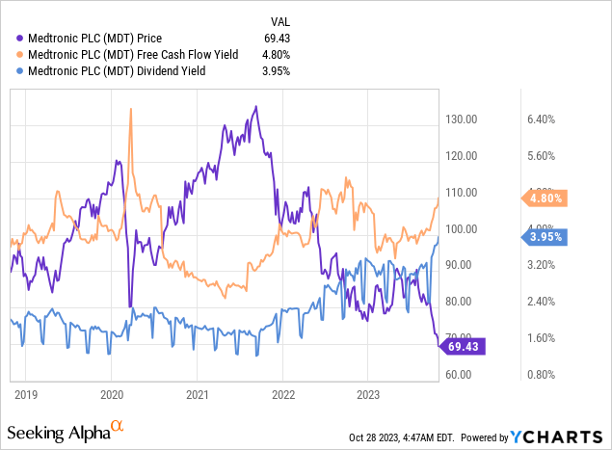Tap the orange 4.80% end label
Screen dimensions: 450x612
coord(545,199)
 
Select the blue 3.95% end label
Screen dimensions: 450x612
coord(545,236)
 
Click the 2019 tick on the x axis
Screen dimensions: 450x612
coord(27,394)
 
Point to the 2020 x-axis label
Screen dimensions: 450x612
coord(112,394)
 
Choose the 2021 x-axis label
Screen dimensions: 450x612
coord(198,394)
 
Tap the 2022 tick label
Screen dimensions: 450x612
coord(283,394)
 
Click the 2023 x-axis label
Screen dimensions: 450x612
coord(368,394)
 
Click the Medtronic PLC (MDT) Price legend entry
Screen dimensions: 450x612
coord(107,39)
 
